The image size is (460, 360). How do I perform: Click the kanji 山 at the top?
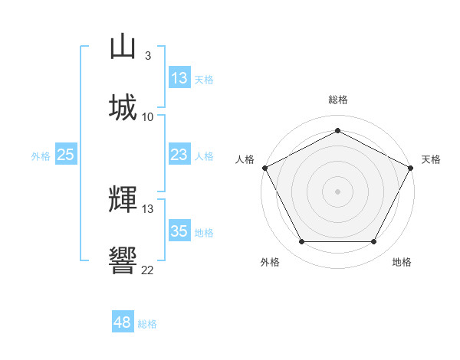[123, 47]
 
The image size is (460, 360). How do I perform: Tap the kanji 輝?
[123, 200]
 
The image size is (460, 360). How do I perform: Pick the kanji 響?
[123, 261]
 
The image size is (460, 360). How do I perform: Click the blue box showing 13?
[179, 78]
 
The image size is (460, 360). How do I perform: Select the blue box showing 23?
[179, 155]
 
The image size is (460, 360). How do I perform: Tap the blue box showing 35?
[179, 231]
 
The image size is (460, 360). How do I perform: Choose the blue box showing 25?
[65, 155]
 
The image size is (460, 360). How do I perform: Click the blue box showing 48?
[123, 322]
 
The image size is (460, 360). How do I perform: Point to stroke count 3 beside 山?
[147, 55]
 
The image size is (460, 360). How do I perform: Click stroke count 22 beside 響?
[147, 270]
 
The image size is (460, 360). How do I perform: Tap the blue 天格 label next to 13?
[204, 79]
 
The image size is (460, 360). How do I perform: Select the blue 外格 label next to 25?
[41, 155]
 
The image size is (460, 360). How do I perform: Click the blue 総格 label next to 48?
[147, 324]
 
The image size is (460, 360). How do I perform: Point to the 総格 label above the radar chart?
[337, 100]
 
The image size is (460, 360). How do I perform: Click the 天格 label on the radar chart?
[431, 159]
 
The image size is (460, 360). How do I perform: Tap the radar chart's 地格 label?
[402, 262]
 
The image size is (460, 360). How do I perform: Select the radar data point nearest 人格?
[264, 167]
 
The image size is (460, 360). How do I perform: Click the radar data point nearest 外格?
[301, 242]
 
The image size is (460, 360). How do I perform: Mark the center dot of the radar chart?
[337, 191]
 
